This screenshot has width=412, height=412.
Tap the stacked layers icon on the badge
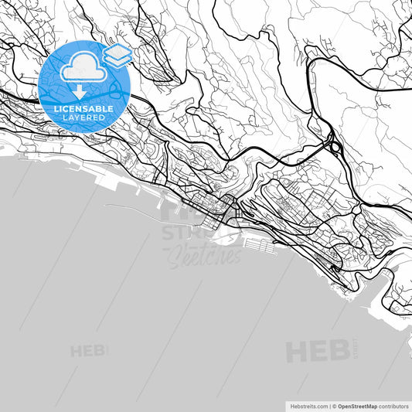(x=118, y=54)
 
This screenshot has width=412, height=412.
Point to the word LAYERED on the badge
(x=83, y=118)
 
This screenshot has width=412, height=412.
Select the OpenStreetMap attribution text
(x=363, y=405)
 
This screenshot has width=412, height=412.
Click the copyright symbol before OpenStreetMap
(x=335, y=405)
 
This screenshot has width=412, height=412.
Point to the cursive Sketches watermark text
(x=204, y=257)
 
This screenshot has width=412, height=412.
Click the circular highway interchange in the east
(x=335, y=145)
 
